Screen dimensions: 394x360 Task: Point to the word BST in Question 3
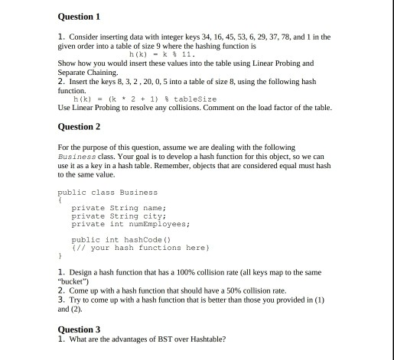(x=150, y=339)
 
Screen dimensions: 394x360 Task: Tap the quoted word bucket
(x=77, y=281)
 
